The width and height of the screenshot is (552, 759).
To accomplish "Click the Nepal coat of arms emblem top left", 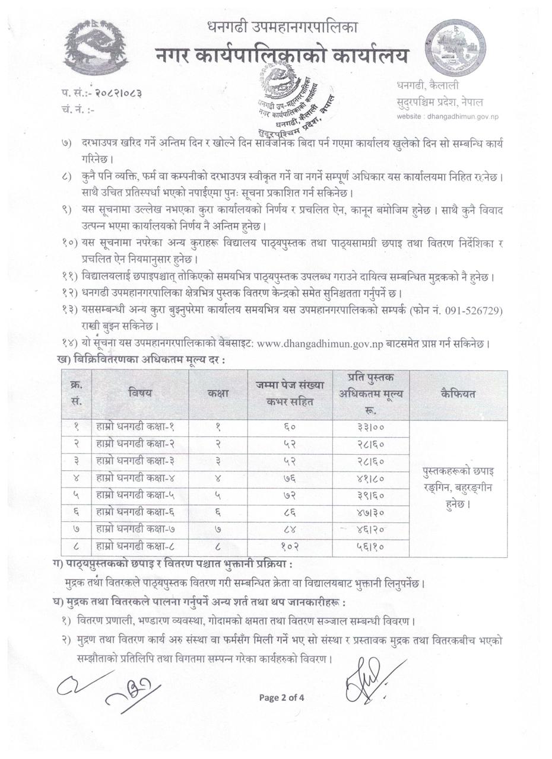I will click(x=95, y=47).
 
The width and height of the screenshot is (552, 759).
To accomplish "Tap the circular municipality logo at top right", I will click(x=455, y=48).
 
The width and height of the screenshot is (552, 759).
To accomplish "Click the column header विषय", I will click(x=140, y=393).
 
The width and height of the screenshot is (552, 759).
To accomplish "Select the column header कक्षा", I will click(x=218, y=393).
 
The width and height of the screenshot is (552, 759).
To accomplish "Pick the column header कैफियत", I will click(x=458, y=393).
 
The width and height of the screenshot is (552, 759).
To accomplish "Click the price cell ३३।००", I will click(x=370, y=427).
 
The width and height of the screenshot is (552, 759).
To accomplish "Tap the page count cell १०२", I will click(x=290, y=546).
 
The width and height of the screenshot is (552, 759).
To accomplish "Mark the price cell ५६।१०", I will click(x=370, y=546).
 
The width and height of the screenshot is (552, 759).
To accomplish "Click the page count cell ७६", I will click(x=290, y=478).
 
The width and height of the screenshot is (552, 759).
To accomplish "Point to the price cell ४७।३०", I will click(x=370, y=512).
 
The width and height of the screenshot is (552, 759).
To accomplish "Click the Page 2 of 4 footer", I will click(x=281, y=697).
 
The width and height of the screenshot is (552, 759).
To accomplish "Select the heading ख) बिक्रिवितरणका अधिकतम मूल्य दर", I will click(x=141, y=359).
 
